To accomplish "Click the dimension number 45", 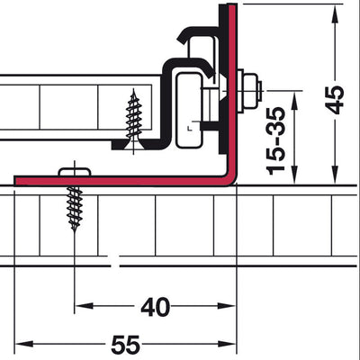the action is (335, 100).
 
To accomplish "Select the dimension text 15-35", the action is (275, 140).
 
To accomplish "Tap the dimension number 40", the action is (156, 307).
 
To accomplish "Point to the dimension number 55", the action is (126, 345).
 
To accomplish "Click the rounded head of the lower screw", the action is (74, 172).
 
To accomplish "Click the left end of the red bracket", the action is (16, 181).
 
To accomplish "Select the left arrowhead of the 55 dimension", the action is (24, 344).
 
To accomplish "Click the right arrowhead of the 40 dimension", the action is (227, 306).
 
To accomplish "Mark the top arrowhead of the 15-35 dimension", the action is (295, 100).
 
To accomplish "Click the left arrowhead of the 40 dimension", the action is (84, 306).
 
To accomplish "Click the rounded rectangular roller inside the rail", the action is (189, 111).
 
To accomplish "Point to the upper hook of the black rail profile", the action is (195, 33).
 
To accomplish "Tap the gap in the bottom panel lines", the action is (113, 261).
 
